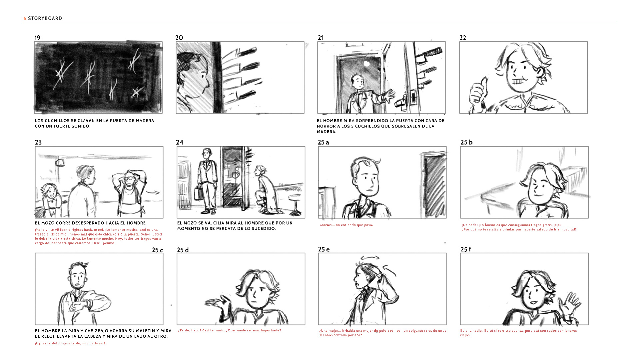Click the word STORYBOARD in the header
tap(45, 18)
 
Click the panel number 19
tap(38, 38)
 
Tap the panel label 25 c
tap(157, 250)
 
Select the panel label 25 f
tap(466, 249)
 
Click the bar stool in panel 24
tap(295, 204)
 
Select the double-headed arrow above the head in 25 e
tap(370, 257)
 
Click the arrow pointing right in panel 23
tap(154, 192)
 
